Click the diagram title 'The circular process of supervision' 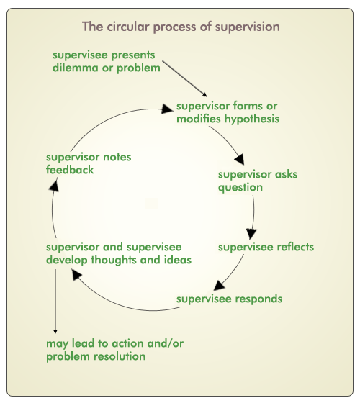click(181, 27)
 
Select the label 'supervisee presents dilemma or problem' click(107, 61)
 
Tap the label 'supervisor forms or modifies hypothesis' click(228, 112)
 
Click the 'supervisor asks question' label click(258, 181)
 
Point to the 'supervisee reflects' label click(266, 247)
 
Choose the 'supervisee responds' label click(230, 299)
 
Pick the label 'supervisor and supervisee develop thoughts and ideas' click(119, 253)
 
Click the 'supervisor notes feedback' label click(89, 163)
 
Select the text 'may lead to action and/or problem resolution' click(114, 350)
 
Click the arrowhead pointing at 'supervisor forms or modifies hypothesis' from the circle click(167, 109)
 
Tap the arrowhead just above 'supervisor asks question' click(239, 159)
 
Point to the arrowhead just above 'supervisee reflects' click(251, 234)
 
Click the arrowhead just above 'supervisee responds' click(219, 286)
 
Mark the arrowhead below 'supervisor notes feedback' click(54, 186)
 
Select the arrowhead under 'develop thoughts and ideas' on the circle click(76, 274)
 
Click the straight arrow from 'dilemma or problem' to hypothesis click(184, 78)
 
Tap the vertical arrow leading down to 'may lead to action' click(55, 302)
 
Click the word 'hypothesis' click(252, 119)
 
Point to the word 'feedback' click(70, 170)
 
